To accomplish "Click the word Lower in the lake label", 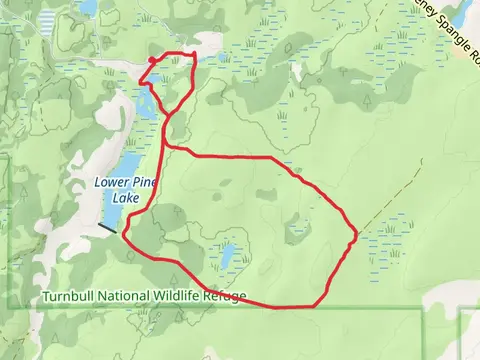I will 112,182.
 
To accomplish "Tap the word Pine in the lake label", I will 146,182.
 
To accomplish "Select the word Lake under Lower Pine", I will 126,198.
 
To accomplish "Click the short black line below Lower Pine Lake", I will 107,228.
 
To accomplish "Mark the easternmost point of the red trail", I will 356,235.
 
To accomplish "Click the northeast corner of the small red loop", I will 192,54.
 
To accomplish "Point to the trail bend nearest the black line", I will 124,236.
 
